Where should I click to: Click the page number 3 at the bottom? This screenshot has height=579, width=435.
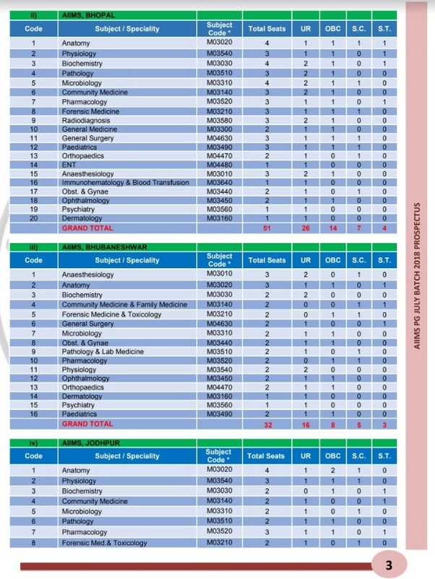(x=390, y=564)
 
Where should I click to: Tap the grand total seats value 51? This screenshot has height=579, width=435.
(x=266, y=228)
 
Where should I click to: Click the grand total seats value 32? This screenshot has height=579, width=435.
(x=266, y=424)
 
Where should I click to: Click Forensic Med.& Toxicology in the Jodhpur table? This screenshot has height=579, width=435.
(x=104, y=543)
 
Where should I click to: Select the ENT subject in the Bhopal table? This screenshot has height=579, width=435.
(x=69, y=164)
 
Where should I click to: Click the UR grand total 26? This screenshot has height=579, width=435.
(x=306, y=228)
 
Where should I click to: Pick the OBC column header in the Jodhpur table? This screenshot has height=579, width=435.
(x=334, y=456)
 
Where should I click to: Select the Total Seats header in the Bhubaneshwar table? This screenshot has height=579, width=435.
(x=266, y=260)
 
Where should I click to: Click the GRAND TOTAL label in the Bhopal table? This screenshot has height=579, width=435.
(x=87, y=228)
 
